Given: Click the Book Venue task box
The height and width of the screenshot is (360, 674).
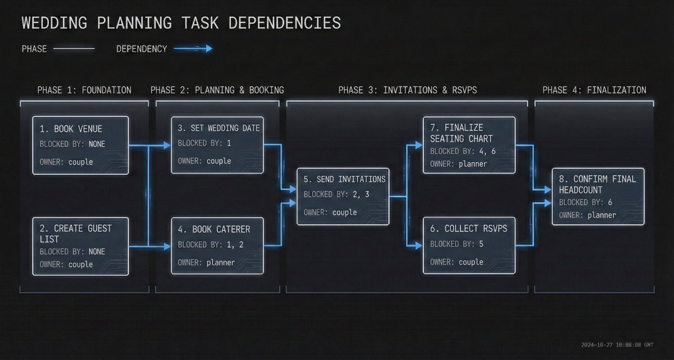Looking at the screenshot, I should tap(80, 144).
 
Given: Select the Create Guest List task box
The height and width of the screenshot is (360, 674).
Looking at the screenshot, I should tap(80, 246).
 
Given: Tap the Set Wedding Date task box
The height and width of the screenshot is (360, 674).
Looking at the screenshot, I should tap(217, 144).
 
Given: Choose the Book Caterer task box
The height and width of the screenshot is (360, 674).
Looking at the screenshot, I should tap(217, 246).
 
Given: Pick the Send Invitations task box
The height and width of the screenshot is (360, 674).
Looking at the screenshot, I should tap(343, 196).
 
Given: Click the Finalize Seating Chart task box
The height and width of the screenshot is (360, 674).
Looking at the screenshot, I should tap(468, 145).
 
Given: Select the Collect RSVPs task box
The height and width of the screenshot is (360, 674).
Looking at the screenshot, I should tap(468, 246).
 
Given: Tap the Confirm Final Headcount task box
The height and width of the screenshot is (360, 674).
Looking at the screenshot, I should tap(598, 196).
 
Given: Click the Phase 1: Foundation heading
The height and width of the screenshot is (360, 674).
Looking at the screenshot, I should tap(84, 90).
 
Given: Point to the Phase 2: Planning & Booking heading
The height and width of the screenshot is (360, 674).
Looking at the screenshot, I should tap(217, 90).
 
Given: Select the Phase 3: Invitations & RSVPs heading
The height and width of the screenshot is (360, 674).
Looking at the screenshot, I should tap(408, 90).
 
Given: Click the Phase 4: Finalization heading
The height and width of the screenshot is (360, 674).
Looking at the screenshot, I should tap(594, 90).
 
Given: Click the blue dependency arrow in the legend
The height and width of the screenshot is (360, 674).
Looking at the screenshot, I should tap(193, 49).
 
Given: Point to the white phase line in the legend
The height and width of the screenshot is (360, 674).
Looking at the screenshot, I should tap(74, 49).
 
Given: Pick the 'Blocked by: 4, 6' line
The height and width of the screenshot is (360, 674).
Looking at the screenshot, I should tap(463, 151).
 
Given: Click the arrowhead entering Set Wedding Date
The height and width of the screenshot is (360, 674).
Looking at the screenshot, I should tap(167, 145).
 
